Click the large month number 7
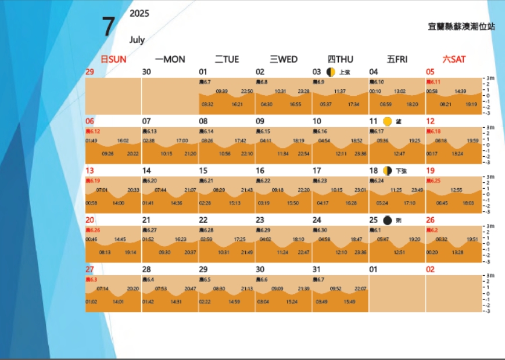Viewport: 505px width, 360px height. [x=108, y=27]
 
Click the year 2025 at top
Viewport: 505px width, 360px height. [x=139, y=13]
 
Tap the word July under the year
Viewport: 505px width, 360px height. [x=137, y=40]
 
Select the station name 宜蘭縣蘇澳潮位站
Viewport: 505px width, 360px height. [x=461, y=27]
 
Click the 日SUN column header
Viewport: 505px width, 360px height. [x=113, y=59]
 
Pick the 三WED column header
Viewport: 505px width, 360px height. [x=284, y=59]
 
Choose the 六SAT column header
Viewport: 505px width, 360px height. [x=454, y=59]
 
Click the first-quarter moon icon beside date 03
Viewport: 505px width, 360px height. [x=331, y=72]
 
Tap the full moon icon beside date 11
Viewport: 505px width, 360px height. [x=388, y=121]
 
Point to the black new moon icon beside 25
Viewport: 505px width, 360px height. [x=388, y=221]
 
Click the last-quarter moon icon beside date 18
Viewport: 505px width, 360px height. [x=388, y=171]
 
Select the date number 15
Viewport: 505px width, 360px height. [x=203, y=171]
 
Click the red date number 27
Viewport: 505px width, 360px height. [x=89, y=269]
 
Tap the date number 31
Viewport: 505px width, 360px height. [x=317, y=269]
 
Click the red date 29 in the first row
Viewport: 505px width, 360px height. [x=89, y=72]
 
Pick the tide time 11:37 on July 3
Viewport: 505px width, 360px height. [x=340, y=91]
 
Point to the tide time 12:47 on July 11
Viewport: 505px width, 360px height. [x=399, y=154]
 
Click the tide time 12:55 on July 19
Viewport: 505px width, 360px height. [x=456, y=190]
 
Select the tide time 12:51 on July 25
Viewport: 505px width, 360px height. [x=399, y=253]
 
